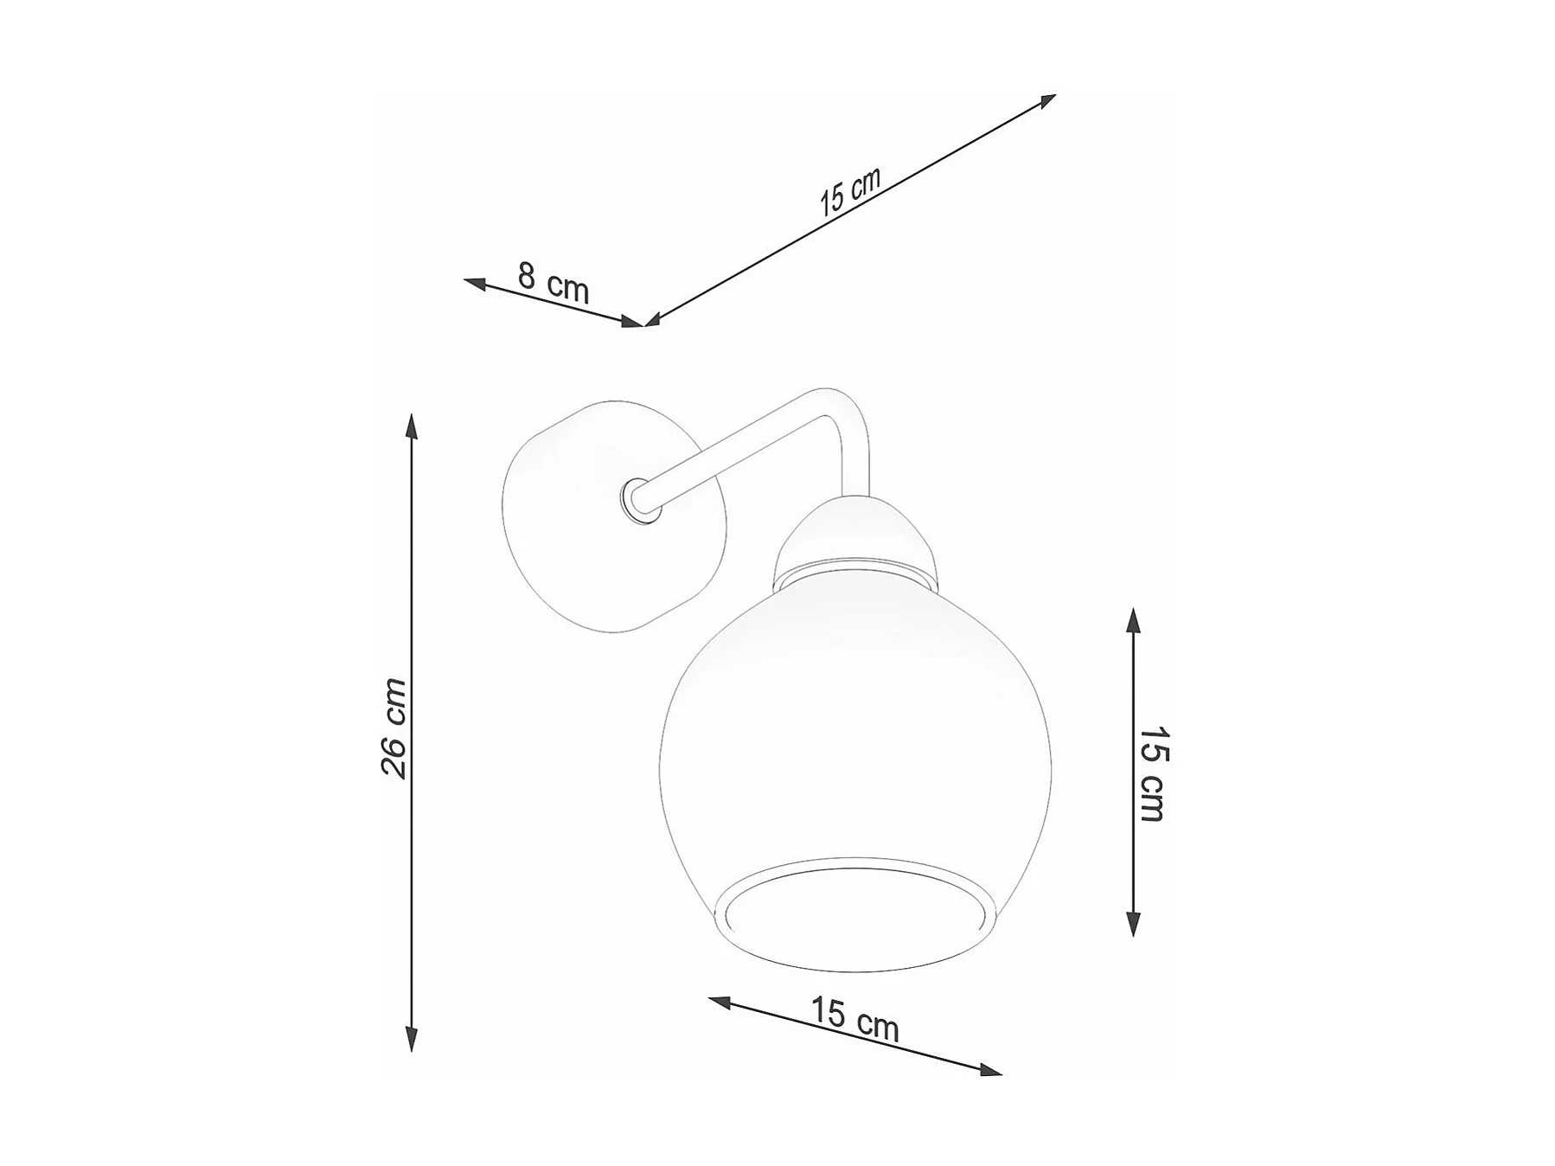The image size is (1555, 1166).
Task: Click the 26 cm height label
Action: pyautogui.click(x=394, y=728)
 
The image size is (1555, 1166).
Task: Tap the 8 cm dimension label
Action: pyautogui.click(x=554, y=282)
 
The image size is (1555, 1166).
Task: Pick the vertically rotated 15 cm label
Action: pyautogui.click(x=1152, y=773)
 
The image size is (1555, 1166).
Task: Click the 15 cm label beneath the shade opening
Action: pyautogui.click(x=855, y=1019)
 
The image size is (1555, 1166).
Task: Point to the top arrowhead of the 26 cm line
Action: pyautogui.click(x=412, y=426)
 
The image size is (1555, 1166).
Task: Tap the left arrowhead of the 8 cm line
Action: pyautogui.click(x=476, y=282)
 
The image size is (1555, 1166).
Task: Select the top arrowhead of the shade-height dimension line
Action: pyautogui.click(x=1133, y=620)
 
